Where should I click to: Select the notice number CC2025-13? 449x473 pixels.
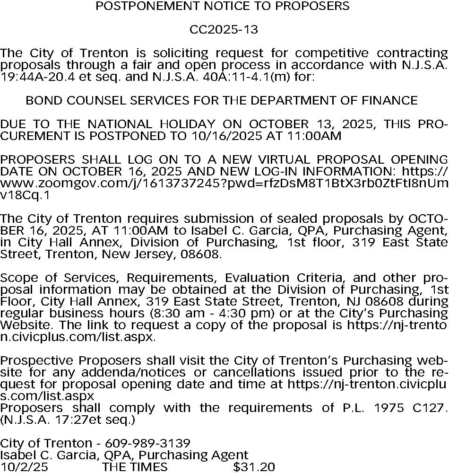point(224,30)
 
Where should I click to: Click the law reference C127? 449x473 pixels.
point(430,408)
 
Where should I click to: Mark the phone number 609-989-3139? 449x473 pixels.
point(147,444)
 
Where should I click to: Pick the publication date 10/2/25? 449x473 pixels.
point(24,467)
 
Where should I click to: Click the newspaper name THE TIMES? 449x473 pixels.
point(135,467)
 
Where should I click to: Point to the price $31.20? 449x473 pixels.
point(254,467)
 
